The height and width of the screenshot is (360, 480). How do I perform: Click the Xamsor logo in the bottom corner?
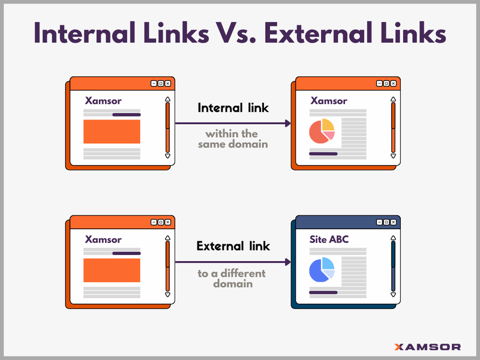tap(427, 346)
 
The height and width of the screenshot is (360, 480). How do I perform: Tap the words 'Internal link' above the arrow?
tap(233, 109)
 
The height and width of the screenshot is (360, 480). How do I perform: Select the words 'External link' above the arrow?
tap(233, 246)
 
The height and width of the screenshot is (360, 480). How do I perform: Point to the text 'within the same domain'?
tap(232, 139)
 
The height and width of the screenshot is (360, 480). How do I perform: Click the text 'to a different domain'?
tap(232, 278)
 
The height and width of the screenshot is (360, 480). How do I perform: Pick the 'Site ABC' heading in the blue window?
tap(329, 239)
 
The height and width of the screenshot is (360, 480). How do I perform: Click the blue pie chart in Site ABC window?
tap(322, 270)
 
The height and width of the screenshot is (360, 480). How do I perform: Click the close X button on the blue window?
tap(393, 222)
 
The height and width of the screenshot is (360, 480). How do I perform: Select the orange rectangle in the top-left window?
tap(112, 131)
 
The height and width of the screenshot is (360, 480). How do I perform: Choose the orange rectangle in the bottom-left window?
tap(112, 270)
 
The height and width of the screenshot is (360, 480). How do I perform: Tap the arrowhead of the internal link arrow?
tap(288, 124)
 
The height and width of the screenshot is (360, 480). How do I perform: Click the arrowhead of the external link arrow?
tap(288, 262)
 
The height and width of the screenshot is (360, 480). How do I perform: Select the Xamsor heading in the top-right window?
tap(328, 101)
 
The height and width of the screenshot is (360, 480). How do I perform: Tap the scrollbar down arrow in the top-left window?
tap(167, 156)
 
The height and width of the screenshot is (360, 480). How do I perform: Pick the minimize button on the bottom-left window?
tap(154, 222)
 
